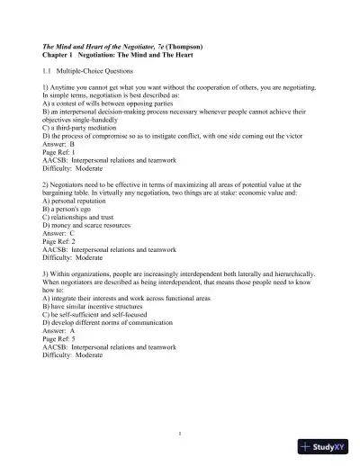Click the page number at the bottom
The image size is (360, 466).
click(180, 434)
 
